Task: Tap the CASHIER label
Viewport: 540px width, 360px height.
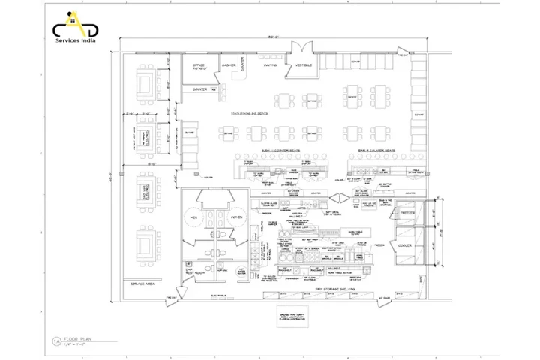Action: [x=229, y=65]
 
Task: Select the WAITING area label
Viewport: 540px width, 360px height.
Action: [x=271, y=65]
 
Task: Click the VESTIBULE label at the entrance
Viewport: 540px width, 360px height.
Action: [x=304, y=65]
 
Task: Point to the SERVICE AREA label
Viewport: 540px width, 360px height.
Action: [x=142, y=283]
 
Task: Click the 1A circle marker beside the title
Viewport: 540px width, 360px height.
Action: [x=57, y=341]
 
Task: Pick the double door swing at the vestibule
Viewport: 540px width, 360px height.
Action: [x=304, y=51]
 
